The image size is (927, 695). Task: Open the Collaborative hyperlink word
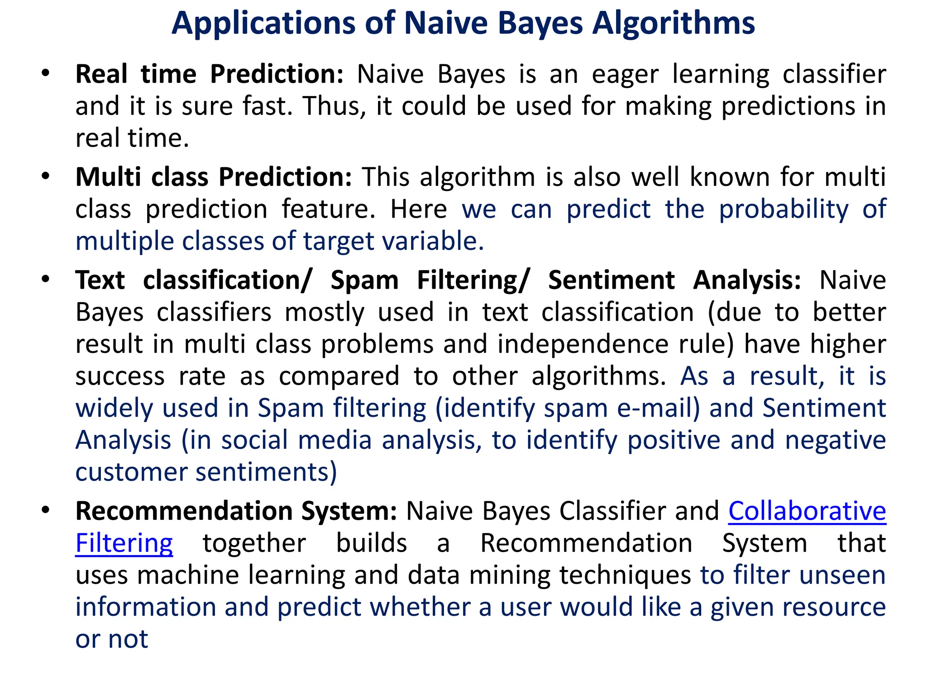pos(807,511)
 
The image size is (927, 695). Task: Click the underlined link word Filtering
pos(124,543)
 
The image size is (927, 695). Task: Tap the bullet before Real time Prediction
pos(45,73)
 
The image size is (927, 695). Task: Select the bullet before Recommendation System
pos(45,510)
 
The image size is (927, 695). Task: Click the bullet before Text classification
pos(45,280)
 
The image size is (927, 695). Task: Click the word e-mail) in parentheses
pos(659,408)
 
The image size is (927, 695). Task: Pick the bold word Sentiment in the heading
pos(612,280)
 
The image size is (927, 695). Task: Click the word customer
pos(131,472)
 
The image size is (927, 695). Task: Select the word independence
pos(583,344)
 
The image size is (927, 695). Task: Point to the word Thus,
pos(334,106)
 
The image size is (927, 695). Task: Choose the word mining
pos(509,576)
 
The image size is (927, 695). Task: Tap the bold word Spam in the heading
pos(364,280)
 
